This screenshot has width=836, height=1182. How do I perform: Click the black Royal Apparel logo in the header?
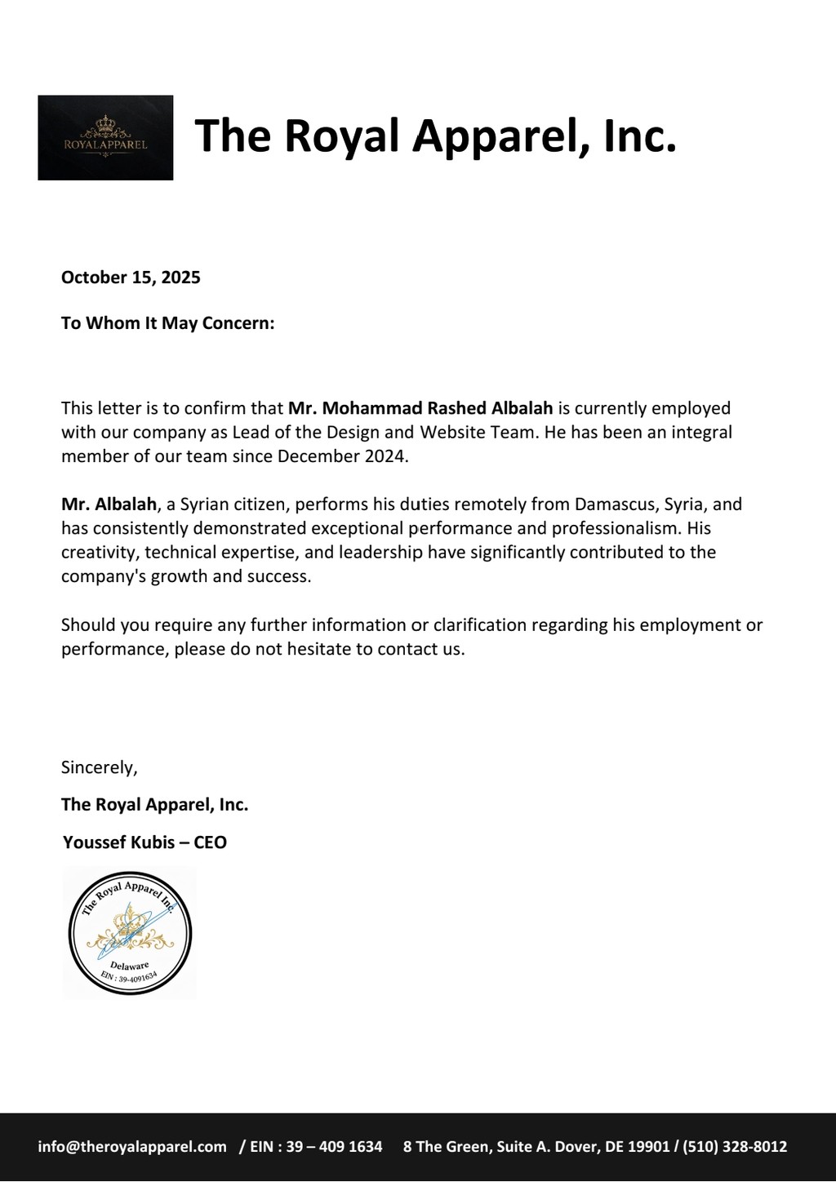click(x=105, y=137)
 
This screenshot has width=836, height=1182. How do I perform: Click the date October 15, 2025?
click(x=131, y=277)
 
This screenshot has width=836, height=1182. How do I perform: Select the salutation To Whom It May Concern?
click(x=167, y=323)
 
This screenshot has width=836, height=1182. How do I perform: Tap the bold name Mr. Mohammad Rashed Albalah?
click(x=420, y=407)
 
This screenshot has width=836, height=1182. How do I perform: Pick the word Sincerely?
click(x=99, y=767)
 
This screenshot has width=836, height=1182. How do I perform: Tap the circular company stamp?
click(x=130, y=931)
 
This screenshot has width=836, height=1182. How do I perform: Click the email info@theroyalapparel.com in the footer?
click(x=132, y=1146)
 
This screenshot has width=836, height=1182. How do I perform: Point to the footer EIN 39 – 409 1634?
click(x=335, y=1146)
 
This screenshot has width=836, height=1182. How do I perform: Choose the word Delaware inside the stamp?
click(x=129, y=966)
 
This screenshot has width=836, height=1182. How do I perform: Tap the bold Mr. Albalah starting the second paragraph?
click(x=108, y=504)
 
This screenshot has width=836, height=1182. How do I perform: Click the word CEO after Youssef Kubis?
click(x=210, y=842)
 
